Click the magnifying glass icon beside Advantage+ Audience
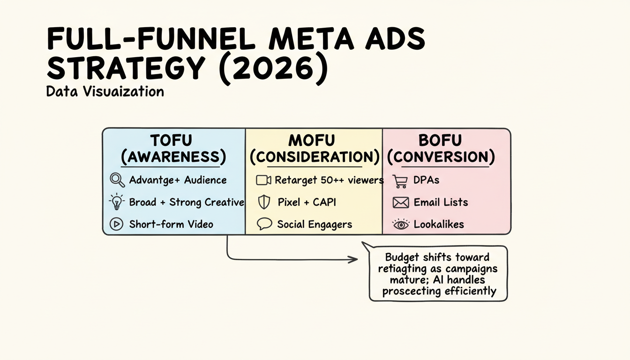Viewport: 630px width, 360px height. coord(117,180)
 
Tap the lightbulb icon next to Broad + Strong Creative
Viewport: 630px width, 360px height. coord(117,202)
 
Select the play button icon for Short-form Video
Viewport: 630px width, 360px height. coord(116,224)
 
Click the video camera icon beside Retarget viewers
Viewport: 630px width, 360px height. coord(264,180)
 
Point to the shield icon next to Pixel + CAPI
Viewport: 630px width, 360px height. coord(264,202)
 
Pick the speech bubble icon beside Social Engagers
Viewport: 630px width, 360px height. coord(264,224)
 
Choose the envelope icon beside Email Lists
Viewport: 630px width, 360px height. coord(400,202)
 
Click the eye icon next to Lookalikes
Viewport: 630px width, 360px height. coord(400,225)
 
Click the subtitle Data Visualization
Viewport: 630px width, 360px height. coord(105,91)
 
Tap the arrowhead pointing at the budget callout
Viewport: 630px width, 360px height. coord(355,259)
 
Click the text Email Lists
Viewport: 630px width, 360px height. coord(441,202)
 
